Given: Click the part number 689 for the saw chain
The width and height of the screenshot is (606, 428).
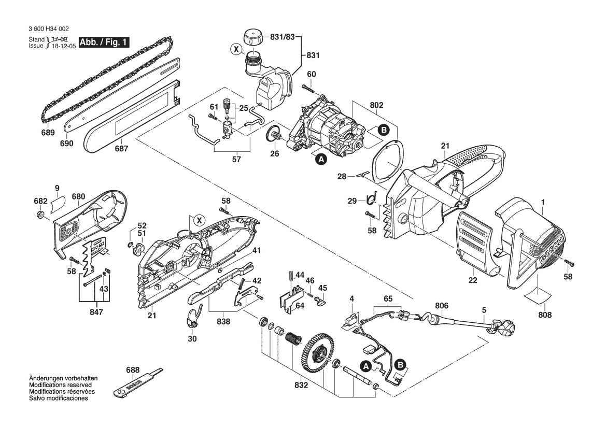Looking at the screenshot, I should click(48, 133).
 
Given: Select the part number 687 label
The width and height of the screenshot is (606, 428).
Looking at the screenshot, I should click(121, 148).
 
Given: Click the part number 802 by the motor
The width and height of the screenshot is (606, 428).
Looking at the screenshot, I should click(376, 105).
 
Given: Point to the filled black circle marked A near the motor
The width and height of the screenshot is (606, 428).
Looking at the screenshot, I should click(321, 160).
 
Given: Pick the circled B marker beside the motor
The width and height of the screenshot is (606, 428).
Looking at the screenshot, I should click(384, 131).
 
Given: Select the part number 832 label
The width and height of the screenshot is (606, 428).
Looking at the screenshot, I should click(301, 386).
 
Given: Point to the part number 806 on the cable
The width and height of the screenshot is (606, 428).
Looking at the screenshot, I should click(442, 306).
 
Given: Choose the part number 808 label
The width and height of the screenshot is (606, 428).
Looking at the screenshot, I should click(545, 315).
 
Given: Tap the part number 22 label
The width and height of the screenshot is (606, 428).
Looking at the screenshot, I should click(472, 280).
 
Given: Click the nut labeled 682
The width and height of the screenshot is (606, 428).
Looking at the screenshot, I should click(40, 214).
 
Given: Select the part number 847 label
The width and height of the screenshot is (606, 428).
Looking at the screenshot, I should click(96, 312).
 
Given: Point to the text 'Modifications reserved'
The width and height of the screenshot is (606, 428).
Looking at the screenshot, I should click(60, 386).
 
